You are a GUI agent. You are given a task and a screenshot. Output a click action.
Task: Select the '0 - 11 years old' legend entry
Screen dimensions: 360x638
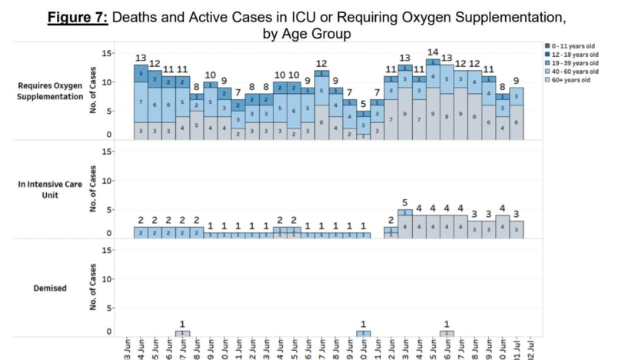[x=569, y=48]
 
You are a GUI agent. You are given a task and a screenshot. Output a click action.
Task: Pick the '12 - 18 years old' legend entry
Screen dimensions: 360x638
[x=570, y=56]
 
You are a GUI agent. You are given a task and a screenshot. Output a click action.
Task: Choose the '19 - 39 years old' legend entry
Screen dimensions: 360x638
[x=570, y=64]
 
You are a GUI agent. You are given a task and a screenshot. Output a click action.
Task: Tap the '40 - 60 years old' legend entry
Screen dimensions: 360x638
[x=570, y=72]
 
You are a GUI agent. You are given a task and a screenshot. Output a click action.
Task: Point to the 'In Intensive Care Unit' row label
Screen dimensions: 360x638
[x=45, y=190]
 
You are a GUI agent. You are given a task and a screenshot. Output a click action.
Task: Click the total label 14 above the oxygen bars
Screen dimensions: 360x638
[x=434, y=52]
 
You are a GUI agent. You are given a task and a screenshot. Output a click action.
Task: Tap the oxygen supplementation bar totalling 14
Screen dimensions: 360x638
[x=434, y=100]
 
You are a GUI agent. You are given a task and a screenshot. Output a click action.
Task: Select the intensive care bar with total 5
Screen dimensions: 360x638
[x=405, y=223]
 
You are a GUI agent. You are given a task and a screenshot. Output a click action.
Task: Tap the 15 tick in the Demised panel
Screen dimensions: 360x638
[x=108, y=250]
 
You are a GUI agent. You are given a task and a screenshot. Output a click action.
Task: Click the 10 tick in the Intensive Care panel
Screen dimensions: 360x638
[x=108, y=181]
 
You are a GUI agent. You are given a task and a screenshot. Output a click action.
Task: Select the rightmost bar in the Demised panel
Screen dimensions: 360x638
[x=447, y=334]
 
